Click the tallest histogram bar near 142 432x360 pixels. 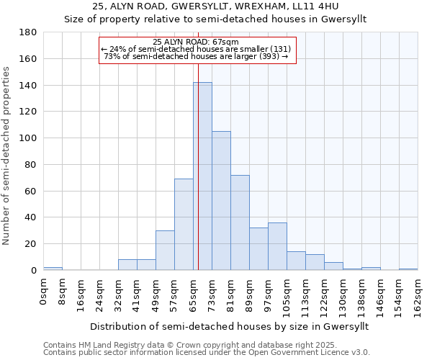202,176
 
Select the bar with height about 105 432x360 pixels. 221,201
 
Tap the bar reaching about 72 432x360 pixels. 240,222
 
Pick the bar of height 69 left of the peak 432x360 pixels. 184,225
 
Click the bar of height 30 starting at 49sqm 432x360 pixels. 165,251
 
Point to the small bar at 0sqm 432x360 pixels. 53,269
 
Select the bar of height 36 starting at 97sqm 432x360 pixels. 277,246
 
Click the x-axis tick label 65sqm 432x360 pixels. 193,293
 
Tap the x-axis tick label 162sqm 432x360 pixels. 418,295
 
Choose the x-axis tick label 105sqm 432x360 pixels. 287,295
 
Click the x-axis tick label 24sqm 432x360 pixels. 99,293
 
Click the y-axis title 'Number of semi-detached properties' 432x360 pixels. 7,155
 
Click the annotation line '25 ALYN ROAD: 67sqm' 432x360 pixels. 196,42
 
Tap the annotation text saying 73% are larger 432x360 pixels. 196,56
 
